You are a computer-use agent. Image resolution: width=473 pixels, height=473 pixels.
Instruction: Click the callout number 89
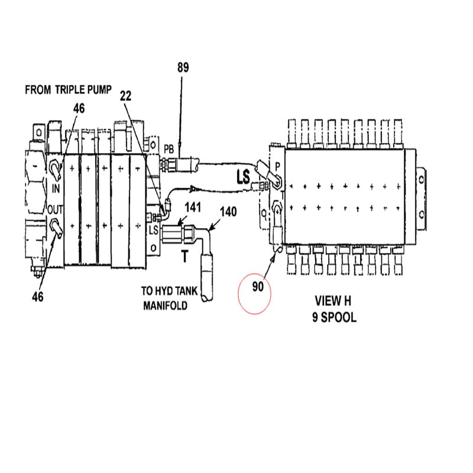coord(183,68)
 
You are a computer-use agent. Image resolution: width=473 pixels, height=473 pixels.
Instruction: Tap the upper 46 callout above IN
coord(79,108)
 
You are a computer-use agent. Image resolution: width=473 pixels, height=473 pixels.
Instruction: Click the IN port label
coord(57,189)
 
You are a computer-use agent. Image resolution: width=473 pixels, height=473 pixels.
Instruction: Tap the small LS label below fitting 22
coord(153,229)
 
